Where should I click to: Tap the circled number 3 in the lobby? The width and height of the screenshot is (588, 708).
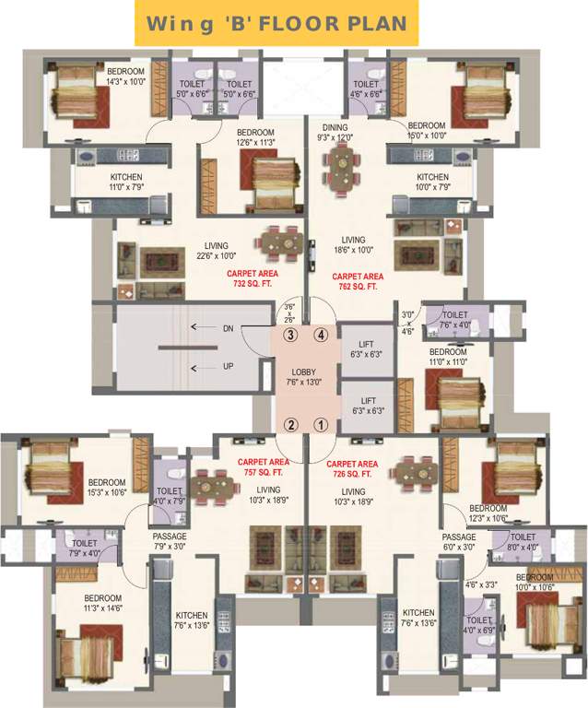tap(289, 335)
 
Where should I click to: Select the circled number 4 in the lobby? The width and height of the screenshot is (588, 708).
tap(321, 335)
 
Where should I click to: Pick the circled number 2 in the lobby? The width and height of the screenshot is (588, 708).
tap(289, 425)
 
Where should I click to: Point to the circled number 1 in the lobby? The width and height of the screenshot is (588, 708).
tap(321, 425)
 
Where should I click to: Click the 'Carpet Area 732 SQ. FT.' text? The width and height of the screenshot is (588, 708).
tap(252, 280)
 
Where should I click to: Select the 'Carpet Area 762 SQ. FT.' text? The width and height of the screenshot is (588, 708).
tap(358, 281)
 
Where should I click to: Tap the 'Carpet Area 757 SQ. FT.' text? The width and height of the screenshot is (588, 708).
tap(263, 467)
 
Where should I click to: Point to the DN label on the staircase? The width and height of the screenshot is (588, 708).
tap(228, 328)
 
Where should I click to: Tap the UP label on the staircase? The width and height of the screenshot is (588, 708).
tap(228, 366)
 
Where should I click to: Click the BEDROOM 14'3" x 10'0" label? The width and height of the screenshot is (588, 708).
tap(125, 76)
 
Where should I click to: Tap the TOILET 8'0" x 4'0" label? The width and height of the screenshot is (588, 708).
tap(523, 541)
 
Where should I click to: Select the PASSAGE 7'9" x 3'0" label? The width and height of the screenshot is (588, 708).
tap(170, 541)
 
